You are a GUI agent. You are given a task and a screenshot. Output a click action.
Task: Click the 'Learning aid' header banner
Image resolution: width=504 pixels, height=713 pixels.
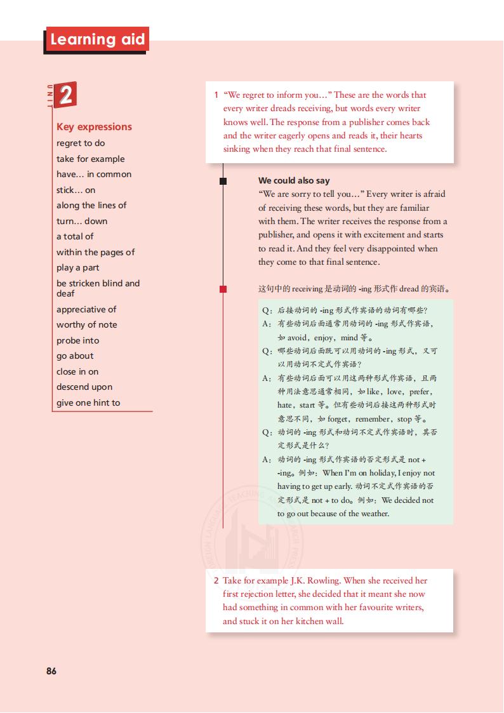click(97, 40)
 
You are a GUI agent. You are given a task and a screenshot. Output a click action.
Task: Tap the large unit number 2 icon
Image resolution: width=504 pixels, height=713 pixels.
click(65, 96)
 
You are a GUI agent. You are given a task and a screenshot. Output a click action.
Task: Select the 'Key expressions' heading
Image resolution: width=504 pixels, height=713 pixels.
click(94, 126)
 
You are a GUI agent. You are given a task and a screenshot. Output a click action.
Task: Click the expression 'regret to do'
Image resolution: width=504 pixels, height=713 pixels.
click(81, 143)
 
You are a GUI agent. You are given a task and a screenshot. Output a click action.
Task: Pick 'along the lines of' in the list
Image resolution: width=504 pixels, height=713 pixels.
click(91, 205)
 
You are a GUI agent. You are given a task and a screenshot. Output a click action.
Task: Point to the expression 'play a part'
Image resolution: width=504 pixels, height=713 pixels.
click(78, 267)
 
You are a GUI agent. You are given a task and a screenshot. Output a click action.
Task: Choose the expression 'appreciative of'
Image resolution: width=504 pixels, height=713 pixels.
click(86, 309)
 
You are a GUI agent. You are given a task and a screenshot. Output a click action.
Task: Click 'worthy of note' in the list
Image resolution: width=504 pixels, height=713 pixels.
click(86, 324)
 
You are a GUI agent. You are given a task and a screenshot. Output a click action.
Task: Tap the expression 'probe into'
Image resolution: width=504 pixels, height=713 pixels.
click(77, 340)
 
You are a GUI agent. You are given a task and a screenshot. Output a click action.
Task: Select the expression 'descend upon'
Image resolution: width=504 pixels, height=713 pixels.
click(84, 387)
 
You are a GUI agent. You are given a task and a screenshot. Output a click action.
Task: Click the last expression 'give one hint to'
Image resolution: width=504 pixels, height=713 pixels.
click(88, 403)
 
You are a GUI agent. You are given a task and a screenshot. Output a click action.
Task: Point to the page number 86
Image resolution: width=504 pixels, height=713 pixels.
click(51, 670)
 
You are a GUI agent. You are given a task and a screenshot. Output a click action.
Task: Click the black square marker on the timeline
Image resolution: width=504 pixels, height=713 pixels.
click(223, 181)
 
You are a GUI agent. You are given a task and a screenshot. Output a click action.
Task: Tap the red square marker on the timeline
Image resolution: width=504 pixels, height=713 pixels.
click(223, 289)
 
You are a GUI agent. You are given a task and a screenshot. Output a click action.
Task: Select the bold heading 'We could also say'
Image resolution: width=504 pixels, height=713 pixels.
click(294, 180)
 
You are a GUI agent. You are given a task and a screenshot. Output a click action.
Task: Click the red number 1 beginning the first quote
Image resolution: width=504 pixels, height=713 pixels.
click(216, 95)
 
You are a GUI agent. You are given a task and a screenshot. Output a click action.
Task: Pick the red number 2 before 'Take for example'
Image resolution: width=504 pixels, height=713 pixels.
click(216, 580)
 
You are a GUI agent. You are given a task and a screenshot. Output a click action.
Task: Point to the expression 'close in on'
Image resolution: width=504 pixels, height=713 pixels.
click(77, 371)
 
